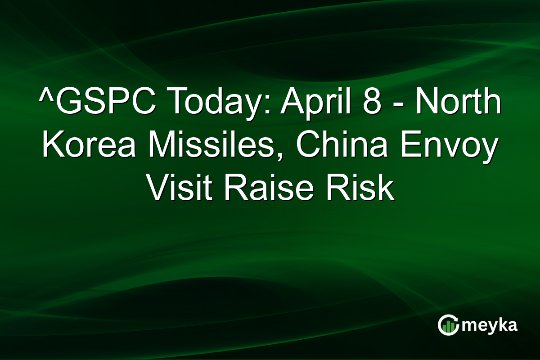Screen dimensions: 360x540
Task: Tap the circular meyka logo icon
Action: click(x=448, y=325)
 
